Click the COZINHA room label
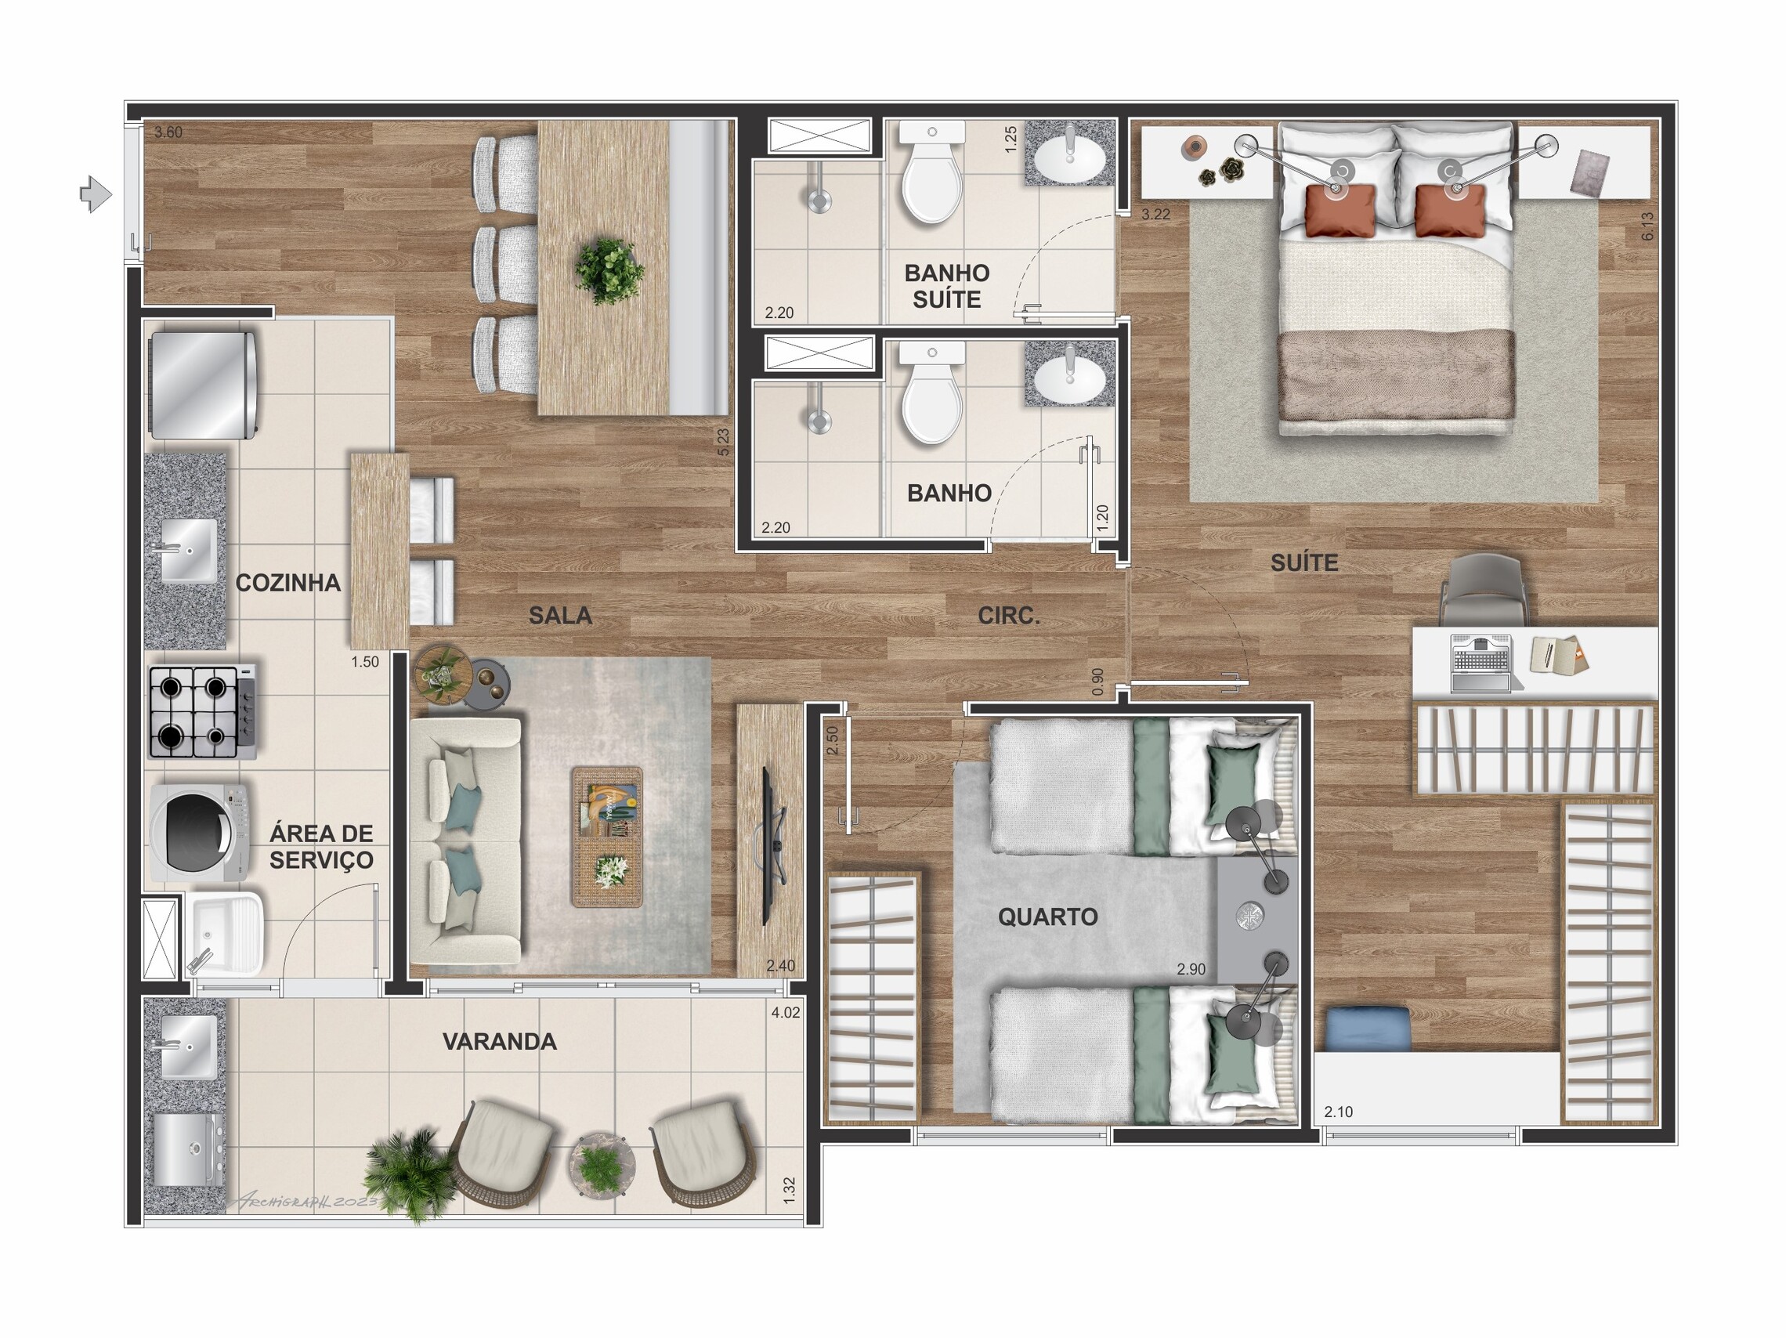pyautogui.click(x=287, y=583)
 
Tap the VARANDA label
pyautogui.click(x=499, y=1042)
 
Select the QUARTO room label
pyautogui.click(x=1047, y=917)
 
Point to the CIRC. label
pyautogui.click(x=1008, y=616)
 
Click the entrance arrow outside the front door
pyautogui.click(x=96, y=193)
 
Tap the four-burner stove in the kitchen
pyautogui.click(x=203, y=711)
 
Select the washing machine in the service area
pyautogui.click(x=199, y=833)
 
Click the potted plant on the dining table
pyautogui.click(x=609, y=270)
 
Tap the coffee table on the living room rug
pyautogui.click(x=607, y=837)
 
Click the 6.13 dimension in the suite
pyautogui.click(x=1647, y=226)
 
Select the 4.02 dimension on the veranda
pyautogui.click(x=785, y=1013)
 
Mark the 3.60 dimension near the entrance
pyautogui.click(x=168, y=132)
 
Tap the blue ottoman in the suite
pyautogui.click(x=1368, y=1029)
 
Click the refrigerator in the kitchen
pyautogui.click(x=204, y=385)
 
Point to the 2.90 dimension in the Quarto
pyautogui.click(x=1191, y=969)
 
